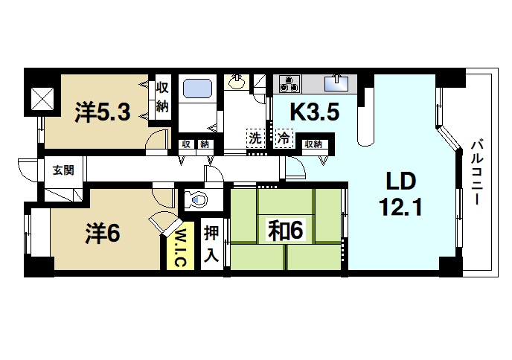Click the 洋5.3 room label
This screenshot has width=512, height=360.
pyautogui.click(x=103, y=112)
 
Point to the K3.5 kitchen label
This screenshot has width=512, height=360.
pyautogui.click(x=314, y=112)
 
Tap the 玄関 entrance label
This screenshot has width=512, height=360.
pyautogui.click(x=63, y=170)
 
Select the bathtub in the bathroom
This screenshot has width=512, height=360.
pyautogui.click(x=197, y=88)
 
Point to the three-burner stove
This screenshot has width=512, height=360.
pyautogui.click(x=289, y=81)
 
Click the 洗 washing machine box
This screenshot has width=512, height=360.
pyautogui.click(x=255, y=138)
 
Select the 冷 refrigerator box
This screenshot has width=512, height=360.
pyautogui.click(x=284, y=138)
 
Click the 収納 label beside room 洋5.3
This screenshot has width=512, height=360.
pyautogui.click(x=162, y=97)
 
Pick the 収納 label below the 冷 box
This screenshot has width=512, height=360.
pyautogui.click(x=313, y=144)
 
